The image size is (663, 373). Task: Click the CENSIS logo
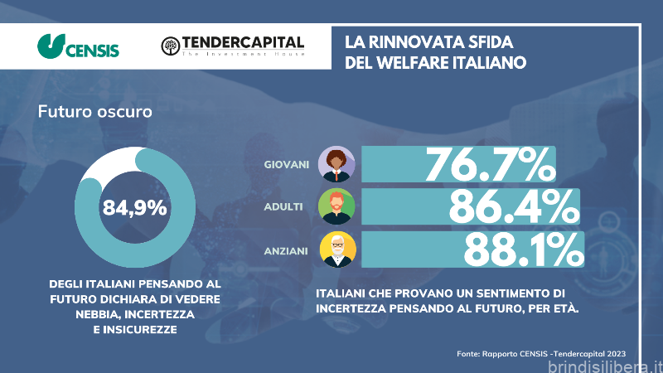click(79, 46)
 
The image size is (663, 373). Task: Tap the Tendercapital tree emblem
click(169, 46)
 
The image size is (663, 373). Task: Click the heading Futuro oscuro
click(94, 111)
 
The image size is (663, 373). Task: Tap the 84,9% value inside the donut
click(135, 208)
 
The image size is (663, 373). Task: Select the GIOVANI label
click(287, 164)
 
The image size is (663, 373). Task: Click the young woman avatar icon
click(336, 164)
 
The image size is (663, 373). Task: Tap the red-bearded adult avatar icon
click(336, 206)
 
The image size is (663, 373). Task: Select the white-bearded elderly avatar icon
click(336, 249)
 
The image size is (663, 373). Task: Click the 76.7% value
click(489, 164)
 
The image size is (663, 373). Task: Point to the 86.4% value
click(512, 206)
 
